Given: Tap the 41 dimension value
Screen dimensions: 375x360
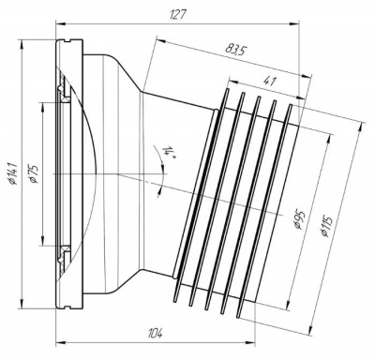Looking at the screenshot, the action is [270, 82].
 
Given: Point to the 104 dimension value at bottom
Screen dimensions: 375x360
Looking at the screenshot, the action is [156, 334].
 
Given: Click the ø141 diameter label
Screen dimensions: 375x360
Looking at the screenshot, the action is [13, 172].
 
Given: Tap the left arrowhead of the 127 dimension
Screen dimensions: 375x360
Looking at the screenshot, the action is [60, 22].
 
